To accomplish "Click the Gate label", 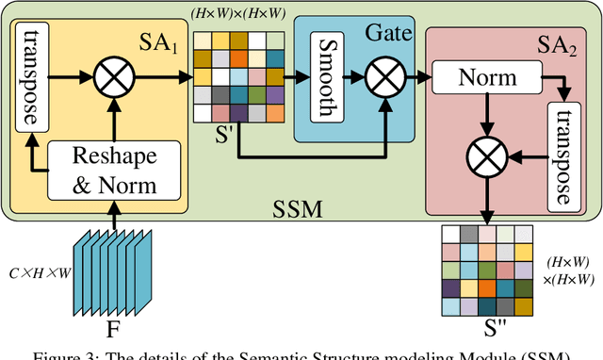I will pyautogui.click(x=390, y=34).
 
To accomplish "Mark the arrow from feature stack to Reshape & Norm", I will pyautogui.click(x=114, y=218).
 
